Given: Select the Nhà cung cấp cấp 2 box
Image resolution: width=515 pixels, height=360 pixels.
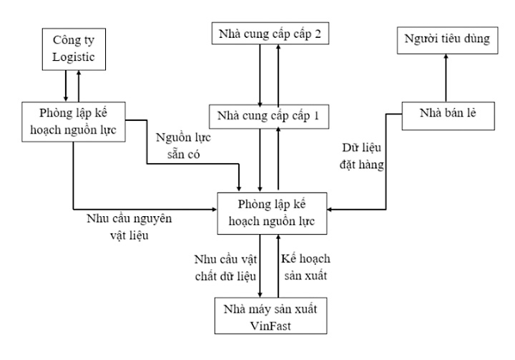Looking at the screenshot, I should tap(269, 33).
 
